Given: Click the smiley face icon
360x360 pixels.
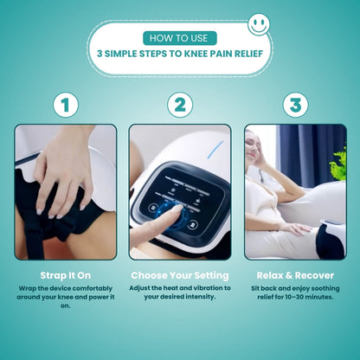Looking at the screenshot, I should [258, 24].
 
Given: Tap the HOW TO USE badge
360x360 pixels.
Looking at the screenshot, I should [179, 38].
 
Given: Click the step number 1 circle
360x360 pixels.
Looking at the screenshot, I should [65, 106].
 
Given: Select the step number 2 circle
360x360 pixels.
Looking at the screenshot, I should [179, 106].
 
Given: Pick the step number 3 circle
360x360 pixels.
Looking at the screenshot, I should [295, 106].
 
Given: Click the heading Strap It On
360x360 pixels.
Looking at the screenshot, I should [65, 274].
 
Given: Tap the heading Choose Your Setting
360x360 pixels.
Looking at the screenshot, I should [180, 274].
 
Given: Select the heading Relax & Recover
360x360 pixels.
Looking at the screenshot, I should [295, 274].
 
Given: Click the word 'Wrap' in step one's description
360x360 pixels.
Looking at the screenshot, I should [30, 287].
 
